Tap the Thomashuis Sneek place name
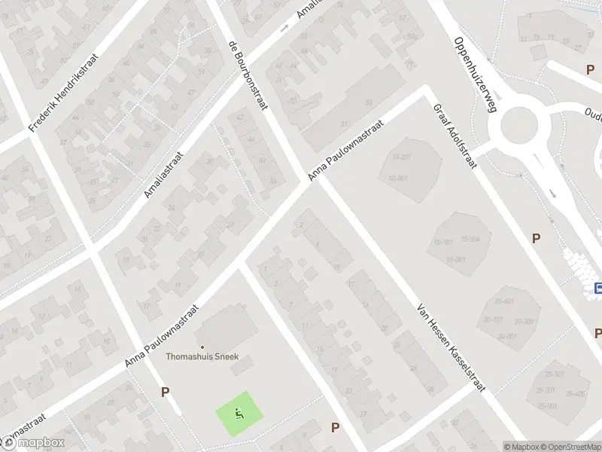coord(202,357)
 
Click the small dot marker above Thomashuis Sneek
coord(202,347)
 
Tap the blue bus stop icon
coord(598,288)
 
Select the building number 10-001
coord(398,178)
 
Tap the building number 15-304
coord(470,239)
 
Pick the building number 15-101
coord(443,243)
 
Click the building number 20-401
coord(503,301)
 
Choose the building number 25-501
coord(555,374)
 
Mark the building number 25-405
coord(576,392)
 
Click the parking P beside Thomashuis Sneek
coord(165,392)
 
